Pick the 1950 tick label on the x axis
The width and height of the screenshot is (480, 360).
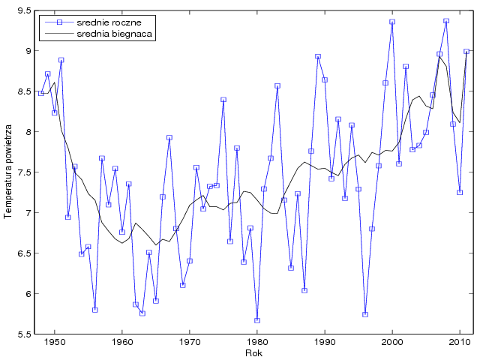(x=54, y=343)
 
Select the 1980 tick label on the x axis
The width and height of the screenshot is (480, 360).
(x=257, y=343)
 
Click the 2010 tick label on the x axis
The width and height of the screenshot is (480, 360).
(x=460, y=343)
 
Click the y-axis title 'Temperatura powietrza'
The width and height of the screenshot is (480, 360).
(x=8, y=172)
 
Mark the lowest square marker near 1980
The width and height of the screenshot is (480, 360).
(x=257, y=320)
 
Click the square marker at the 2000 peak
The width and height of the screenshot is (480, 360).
(x=392, y=22)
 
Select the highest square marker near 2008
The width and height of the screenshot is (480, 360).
(x=446, y=21)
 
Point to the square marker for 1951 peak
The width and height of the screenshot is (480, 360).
(x=61, y=60)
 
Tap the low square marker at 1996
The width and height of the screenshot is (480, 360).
(x=365, y=314)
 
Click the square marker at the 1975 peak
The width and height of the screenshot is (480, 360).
(x=223, y=100)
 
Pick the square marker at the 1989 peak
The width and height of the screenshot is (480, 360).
(x=318, y=56)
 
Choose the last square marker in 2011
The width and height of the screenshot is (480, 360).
(x=466, y=52)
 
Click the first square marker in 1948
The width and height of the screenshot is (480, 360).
(x=40, y=93)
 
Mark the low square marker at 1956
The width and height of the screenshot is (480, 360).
(x=94, y=310)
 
